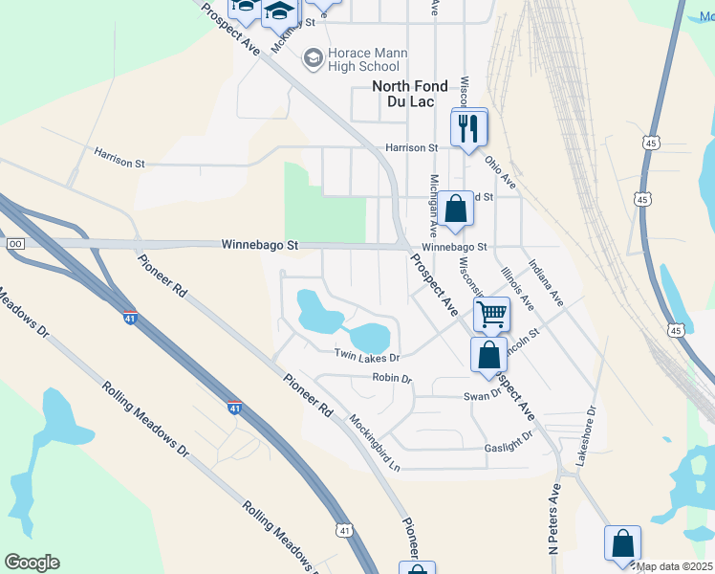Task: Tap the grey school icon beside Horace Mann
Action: click(x=313, y=59)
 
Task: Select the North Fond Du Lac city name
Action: click(x=409, y=94)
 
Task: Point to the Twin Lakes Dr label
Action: click(x=366, y=356)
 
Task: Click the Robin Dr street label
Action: click(x=392, y=379)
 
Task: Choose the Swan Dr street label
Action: click(x=482, y=395)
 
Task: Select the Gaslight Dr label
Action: click(x=508, y=442)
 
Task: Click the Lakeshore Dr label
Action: click(x=586, y=436)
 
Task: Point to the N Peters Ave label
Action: click(x=553, y=518)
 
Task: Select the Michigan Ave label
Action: click(x=434, y=206)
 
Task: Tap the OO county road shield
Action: click(x=14, y=245)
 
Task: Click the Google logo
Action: click(x=32, y=563)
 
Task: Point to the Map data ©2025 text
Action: click(x=674, y=566)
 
